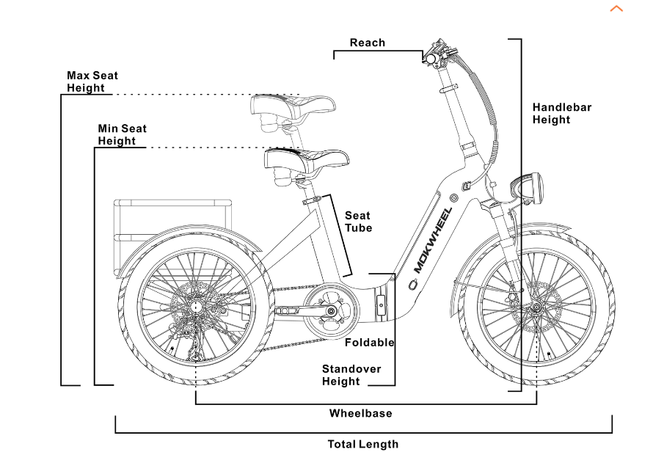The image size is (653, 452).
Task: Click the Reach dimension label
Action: click(367, 43)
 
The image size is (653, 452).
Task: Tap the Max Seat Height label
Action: click(92, 81)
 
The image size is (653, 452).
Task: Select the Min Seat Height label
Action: click(122, 134)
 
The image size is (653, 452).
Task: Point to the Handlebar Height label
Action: click(561, 113)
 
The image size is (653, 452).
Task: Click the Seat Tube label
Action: click(358, 222)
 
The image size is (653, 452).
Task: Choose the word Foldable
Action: click(369, 343)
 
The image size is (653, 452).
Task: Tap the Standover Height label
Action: click(351, 375)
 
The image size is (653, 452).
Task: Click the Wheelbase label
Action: click(360, 413)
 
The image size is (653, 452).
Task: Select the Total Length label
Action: click(362, 444)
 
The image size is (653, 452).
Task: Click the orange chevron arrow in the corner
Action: click(616, 9)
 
